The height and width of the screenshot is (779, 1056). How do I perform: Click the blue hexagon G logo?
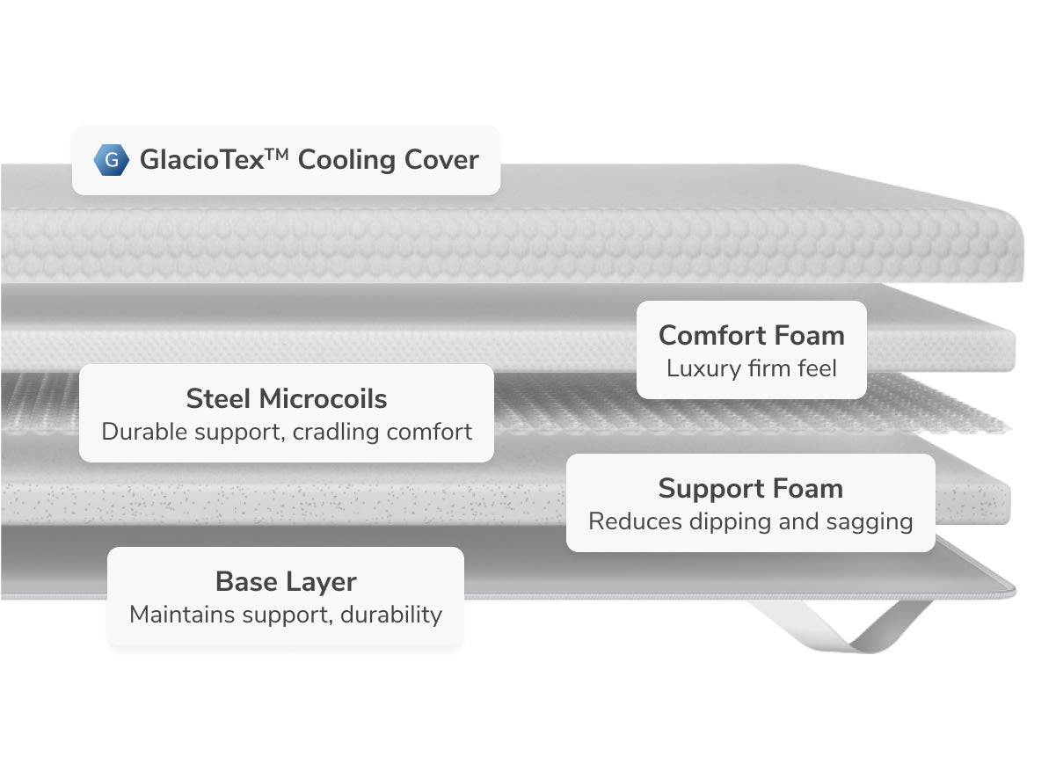click(109, 160)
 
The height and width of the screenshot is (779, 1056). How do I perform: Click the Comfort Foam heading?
click(751, 335)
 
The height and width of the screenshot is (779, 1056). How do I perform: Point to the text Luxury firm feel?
click(751, 368)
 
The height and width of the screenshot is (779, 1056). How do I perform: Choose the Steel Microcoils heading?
click(286, 398)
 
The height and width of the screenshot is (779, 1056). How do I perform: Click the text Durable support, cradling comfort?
click(286, 432)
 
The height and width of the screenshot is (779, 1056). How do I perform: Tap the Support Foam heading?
click(750, 488)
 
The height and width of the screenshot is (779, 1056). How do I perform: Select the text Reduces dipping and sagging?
click(750, 521)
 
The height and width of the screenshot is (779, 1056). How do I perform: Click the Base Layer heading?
click(286, 581)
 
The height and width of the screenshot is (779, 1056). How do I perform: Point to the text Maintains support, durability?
click(286, 614)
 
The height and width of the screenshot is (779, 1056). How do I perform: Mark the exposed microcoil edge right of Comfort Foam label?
click(941, 413)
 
